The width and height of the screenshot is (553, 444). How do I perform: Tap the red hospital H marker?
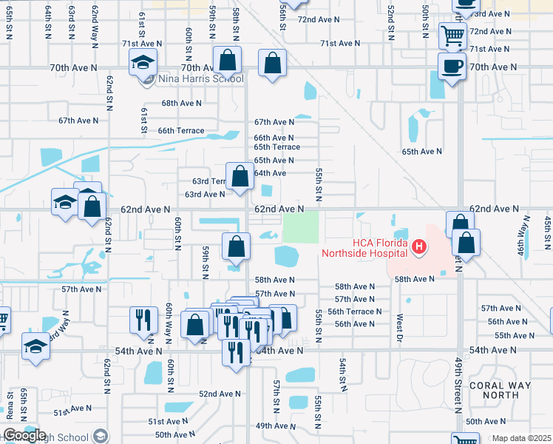coord(419,246)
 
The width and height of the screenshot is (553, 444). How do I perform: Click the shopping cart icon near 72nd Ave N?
coord(452,35)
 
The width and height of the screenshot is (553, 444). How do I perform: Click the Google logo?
coord(24,435)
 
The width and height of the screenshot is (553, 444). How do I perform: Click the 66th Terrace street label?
coord(181,131)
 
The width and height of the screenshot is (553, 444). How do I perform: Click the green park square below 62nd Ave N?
coord(301,226)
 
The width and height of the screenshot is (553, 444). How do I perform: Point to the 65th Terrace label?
coord(277,147)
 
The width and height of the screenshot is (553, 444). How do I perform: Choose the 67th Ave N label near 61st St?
coord(78,121)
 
